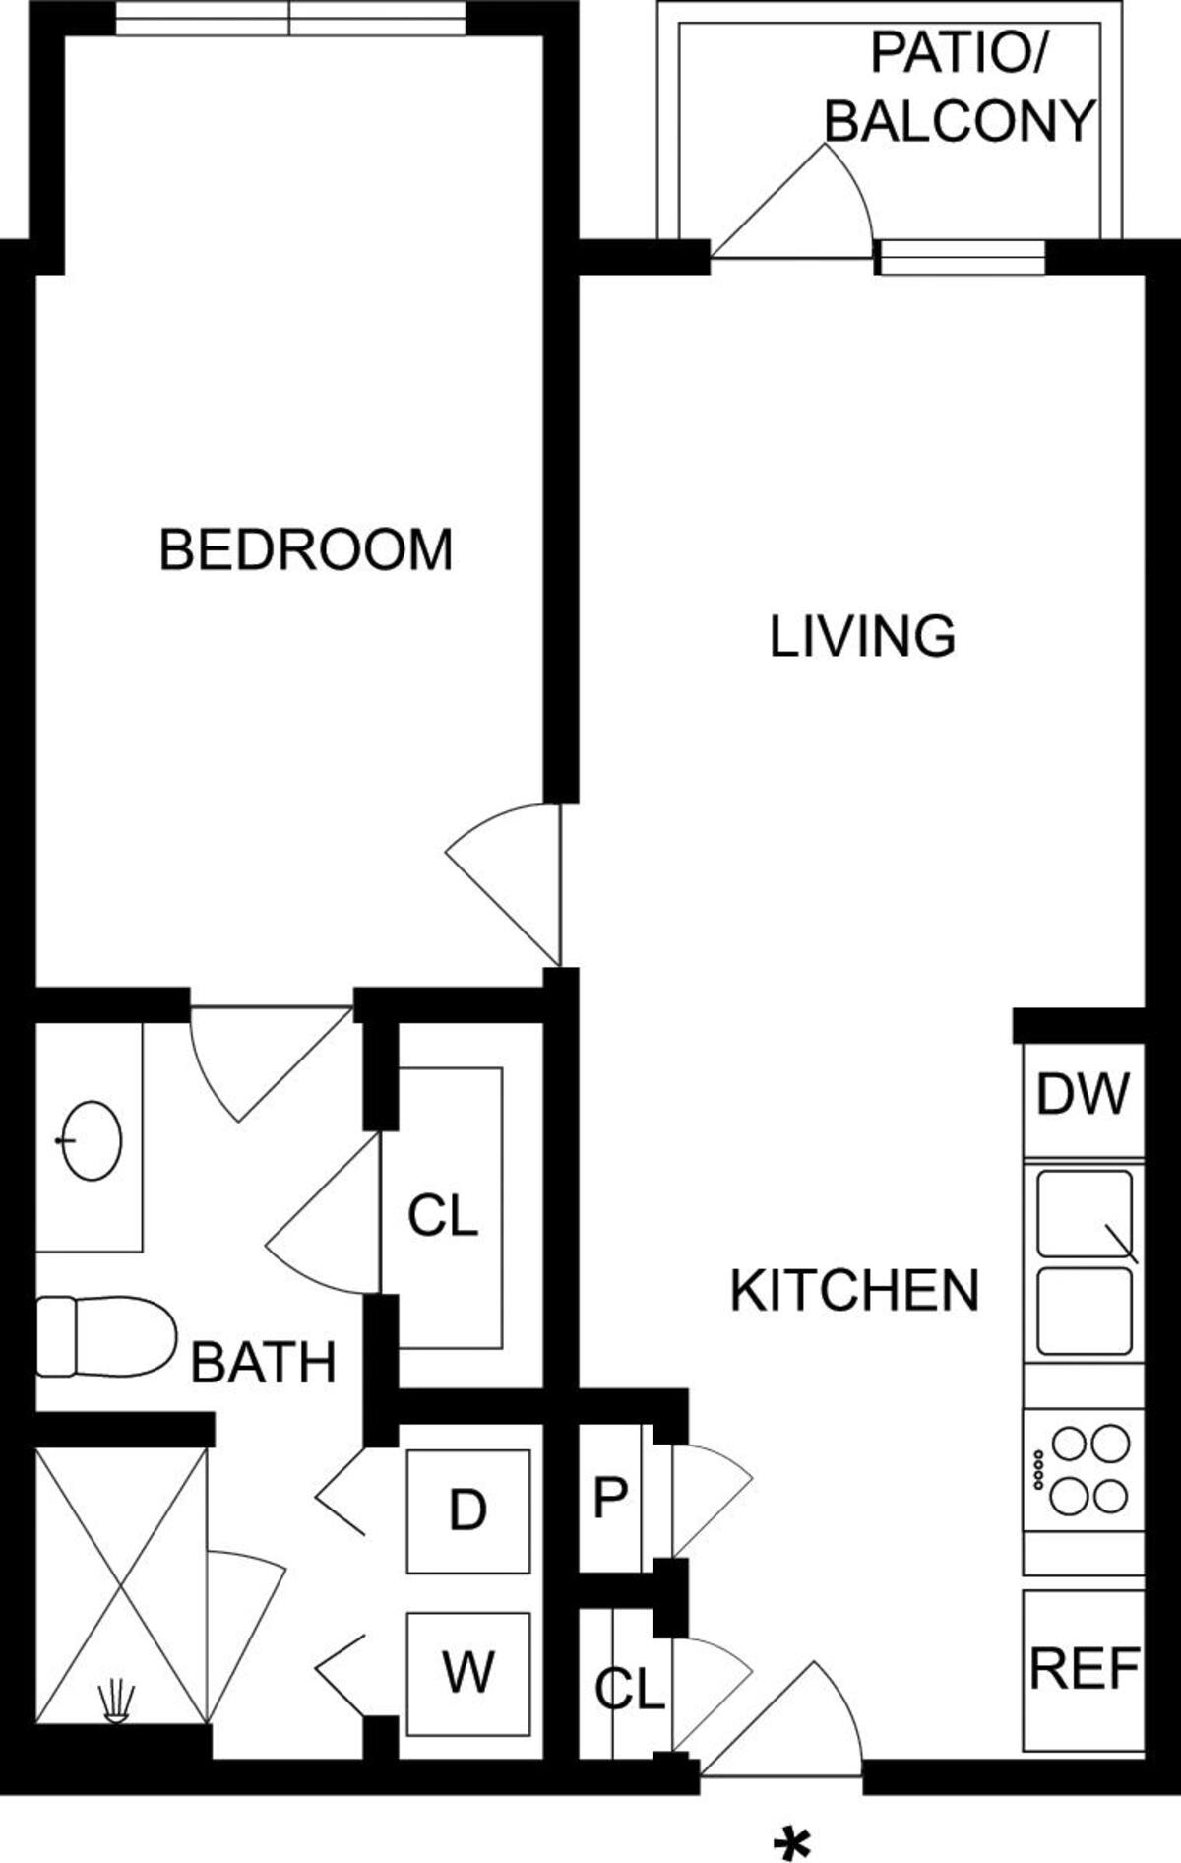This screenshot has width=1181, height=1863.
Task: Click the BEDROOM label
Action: click(306, 549)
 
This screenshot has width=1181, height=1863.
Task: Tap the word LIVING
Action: click(862, 636)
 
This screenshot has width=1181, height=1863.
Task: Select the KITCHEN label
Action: click(854, 1290)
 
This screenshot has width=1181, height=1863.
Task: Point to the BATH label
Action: click(263, 1363)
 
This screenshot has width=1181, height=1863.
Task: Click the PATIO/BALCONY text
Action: click(959, 89)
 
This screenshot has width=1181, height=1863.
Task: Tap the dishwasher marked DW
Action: click(1083, 1095)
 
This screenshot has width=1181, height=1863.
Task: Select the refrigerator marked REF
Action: click(1084, 1668)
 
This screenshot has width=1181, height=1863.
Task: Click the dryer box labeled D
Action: click(468, 1510)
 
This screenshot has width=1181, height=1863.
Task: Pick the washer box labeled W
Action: click(468, 1672)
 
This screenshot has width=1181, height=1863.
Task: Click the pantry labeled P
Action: click(610, 1497)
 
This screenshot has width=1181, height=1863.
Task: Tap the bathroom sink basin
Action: click(92, 1140)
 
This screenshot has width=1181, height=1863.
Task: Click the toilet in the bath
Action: click(103, 1335)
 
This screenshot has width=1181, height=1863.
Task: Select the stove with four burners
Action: click(1084, 1470)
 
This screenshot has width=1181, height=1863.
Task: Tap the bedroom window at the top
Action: click(290, 19)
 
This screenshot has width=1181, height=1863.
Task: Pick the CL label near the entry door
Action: click(630, 1690)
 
